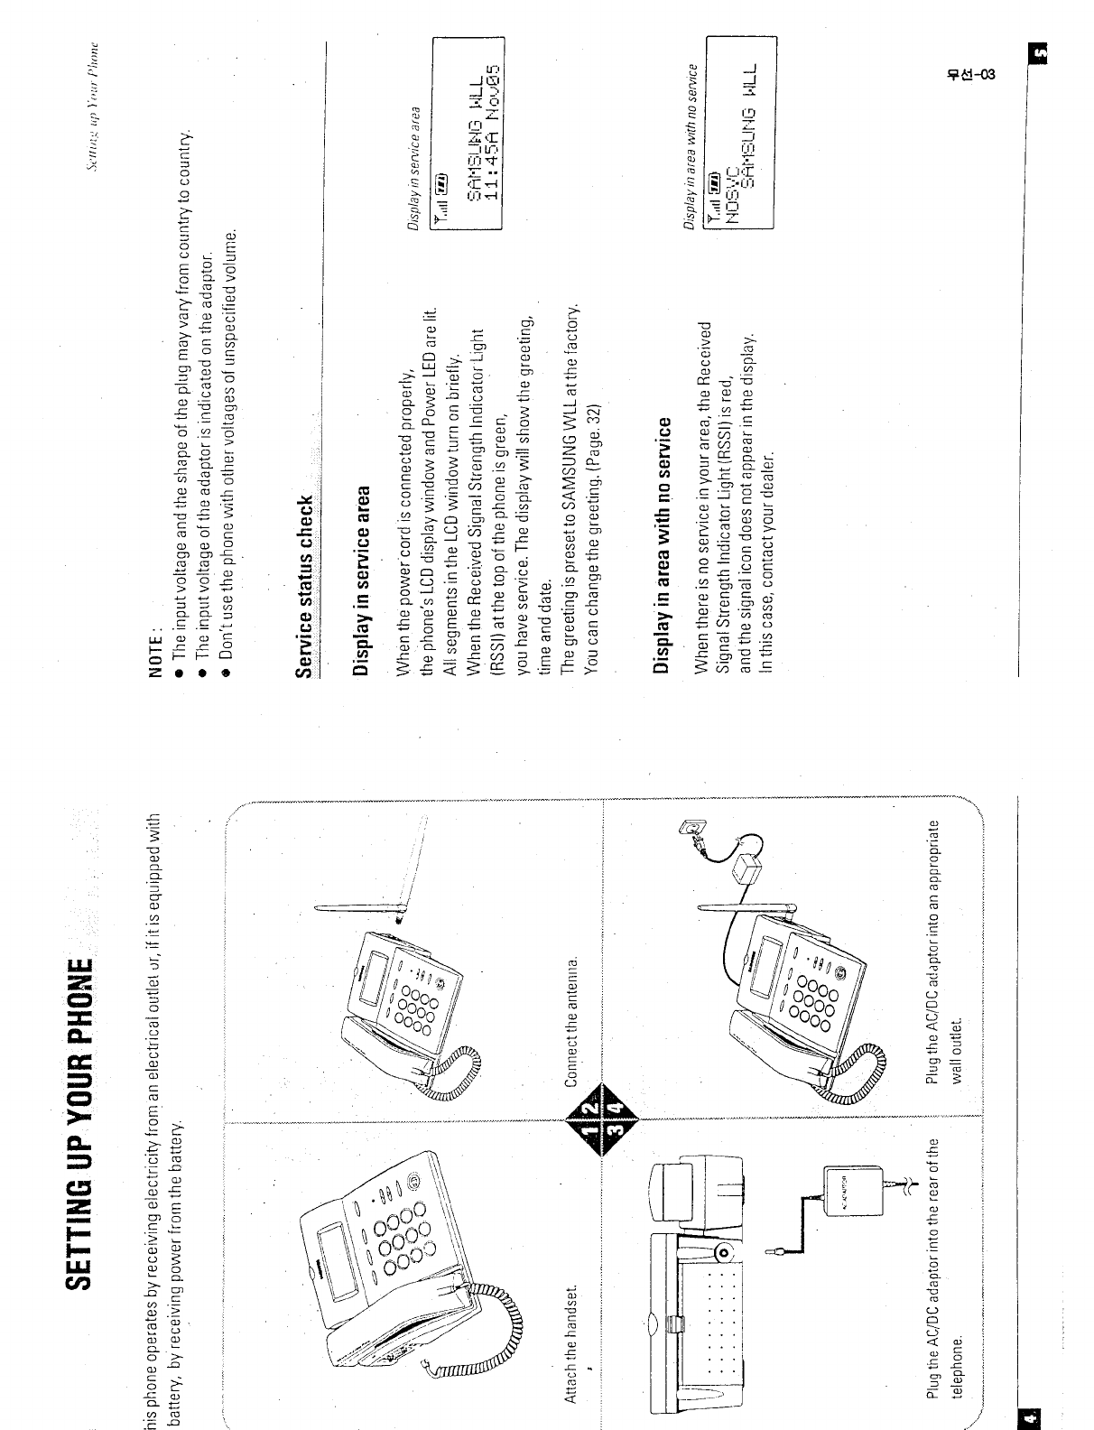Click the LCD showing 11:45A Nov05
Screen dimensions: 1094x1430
coord(468,130)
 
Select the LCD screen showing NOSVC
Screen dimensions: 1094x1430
coord(739,131)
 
